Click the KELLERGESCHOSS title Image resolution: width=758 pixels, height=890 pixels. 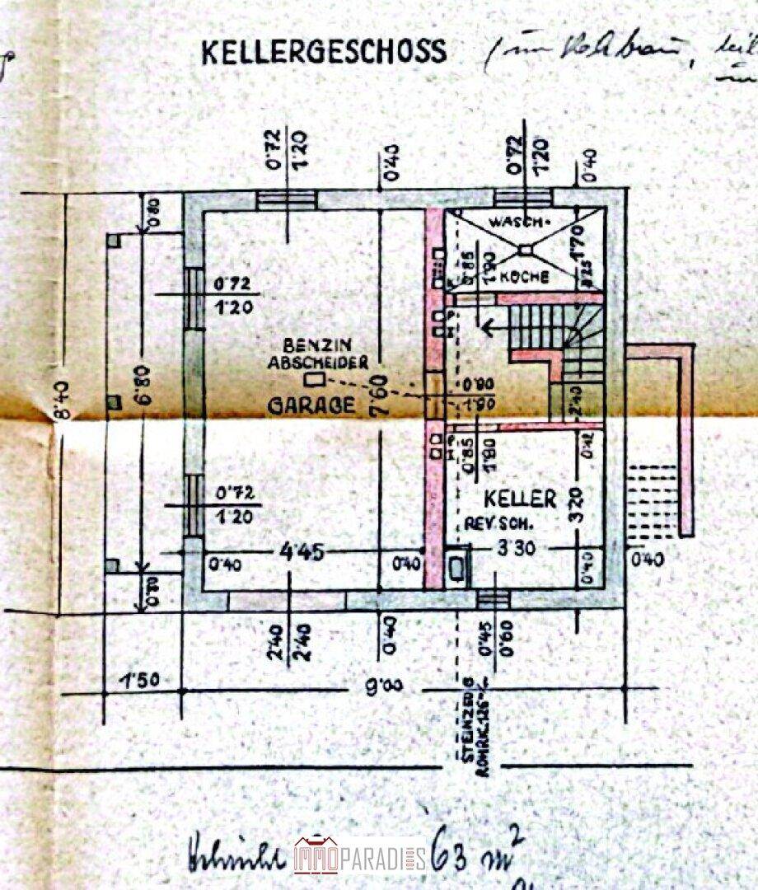(324, 52)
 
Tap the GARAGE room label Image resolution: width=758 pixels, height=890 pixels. (312, 405)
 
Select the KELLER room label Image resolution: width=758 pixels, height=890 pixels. (519, 499)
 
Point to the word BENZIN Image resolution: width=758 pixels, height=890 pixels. (311, 345)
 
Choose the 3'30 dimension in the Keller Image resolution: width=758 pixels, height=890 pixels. (517, 550)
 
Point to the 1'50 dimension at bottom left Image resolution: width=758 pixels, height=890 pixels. (139, 682)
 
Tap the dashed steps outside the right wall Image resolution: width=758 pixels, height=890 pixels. (652, 494)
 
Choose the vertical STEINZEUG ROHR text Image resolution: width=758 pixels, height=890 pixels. (471, 721)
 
